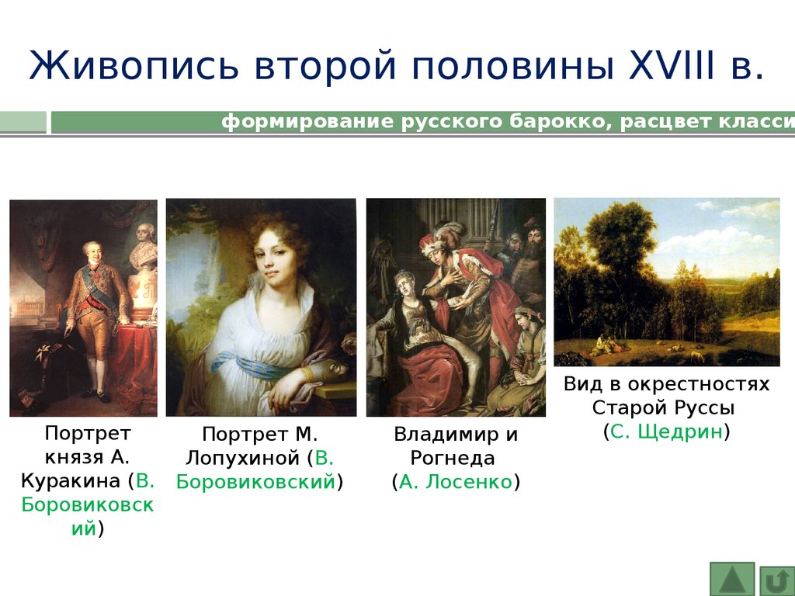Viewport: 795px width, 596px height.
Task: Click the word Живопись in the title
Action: pyautogui.click(x=134, y=66)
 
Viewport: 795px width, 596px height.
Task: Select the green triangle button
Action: pyautogui.click(x=731, y=579)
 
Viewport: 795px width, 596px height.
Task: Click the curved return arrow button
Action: pyautogui.click(x=776, y=580)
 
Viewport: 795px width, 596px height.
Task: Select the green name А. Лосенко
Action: pyautogui.click(x=455, y=481)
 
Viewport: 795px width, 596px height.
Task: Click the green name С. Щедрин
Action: pyautogui.click(x=666, y=431)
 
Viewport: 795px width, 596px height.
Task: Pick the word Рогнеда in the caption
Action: pyautogui.click(x=453, y=458)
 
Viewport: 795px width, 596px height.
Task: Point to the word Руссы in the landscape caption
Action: pyautogui.click(x=706, y=408)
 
